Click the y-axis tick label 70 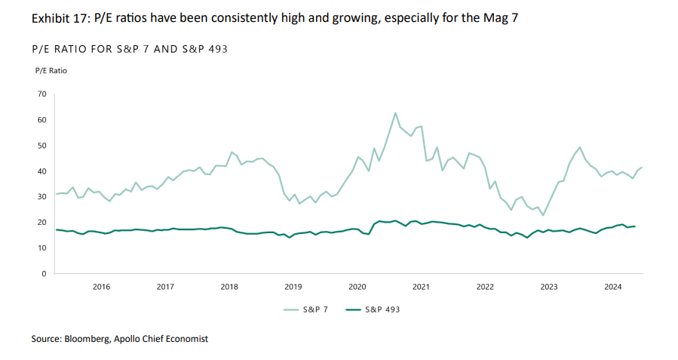tap(41, 94)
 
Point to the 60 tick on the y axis tap(41, 120)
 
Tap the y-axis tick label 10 tap(41, 248)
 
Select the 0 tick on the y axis tap(44, 274)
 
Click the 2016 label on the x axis tap(101, 287)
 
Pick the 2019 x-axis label tap(293, 287)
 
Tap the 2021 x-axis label tap(421, 287)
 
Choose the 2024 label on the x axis tap(612, 287)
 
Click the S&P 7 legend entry tap(305, 309)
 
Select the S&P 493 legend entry tap(373, 309)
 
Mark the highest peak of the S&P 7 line tap(395, 113)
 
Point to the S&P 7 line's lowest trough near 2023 tap(543, 215)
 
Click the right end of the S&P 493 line tap(635, 226)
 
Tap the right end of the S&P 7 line tap(642, 168)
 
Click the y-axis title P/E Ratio tap(51, 70)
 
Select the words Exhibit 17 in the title tap(60, 18)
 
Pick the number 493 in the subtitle tap(218, 49)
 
